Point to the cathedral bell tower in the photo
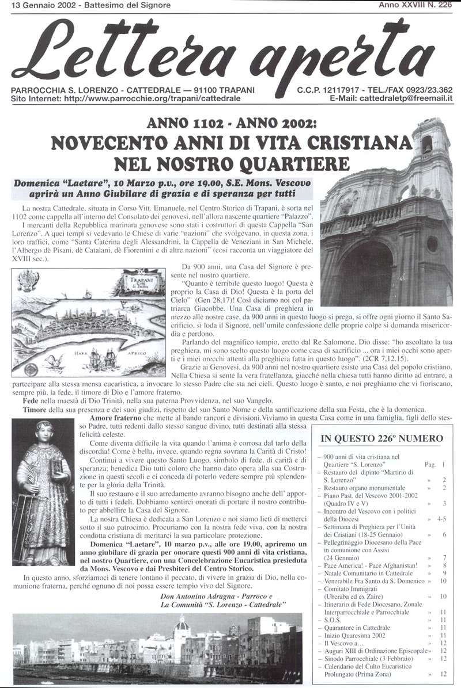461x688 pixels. point(429,144)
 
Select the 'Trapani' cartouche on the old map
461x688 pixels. point(142,284)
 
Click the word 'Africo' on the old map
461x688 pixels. point(137,352)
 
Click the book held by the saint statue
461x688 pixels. point(56,467)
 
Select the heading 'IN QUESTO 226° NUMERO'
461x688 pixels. point(381,439)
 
